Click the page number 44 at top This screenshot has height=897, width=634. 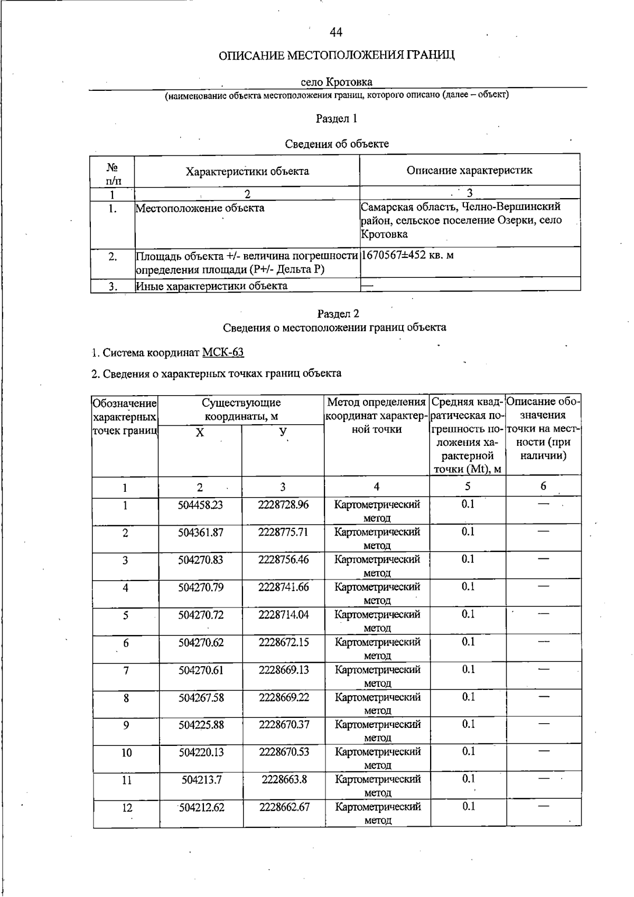click(336, 33)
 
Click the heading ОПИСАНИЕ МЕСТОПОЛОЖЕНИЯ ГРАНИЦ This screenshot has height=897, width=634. click(337, 55)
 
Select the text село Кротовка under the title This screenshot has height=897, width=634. click(337, 82)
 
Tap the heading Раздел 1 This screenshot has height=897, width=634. click(337, 118)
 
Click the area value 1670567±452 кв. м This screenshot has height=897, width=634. click(407, 255)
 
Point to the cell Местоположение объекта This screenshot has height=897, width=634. click(200, 208)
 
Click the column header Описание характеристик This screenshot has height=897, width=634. click(469, 170)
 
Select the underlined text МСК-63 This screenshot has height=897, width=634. click(223, 352)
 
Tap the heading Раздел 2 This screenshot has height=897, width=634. click(338, 314)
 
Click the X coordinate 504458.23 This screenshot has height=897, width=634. click(200, 505)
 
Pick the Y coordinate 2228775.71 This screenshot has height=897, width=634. click(283, 532)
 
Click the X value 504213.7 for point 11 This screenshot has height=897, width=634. click(201, 780)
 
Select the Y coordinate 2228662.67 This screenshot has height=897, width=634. click(284, 807)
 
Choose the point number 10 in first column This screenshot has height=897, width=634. click(127, 753)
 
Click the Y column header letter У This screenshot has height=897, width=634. click(283, 432)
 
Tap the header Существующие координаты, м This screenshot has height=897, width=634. click(241, 409)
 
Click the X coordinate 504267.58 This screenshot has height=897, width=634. click(201, 698)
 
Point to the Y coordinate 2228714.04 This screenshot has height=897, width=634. click(284, 615)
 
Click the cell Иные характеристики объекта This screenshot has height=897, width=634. click(212, 286)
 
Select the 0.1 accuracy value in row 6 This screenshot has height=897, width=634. click(468, 642)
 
